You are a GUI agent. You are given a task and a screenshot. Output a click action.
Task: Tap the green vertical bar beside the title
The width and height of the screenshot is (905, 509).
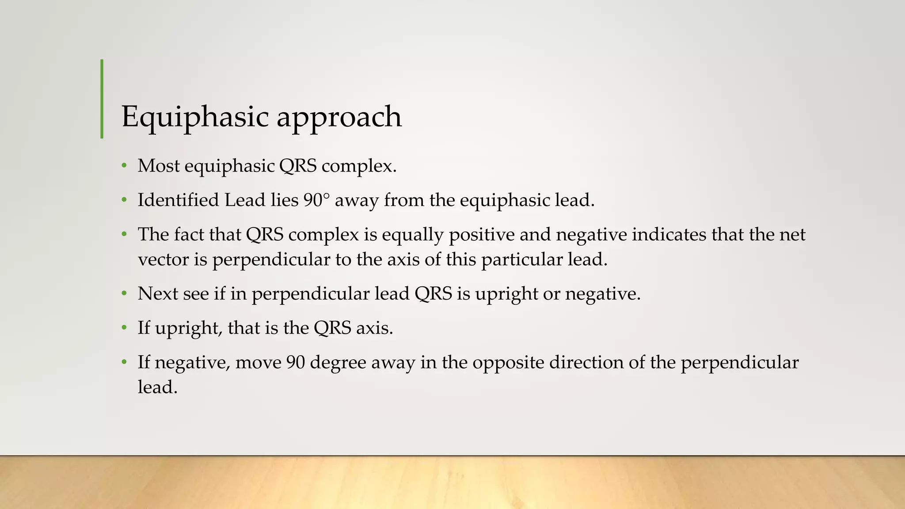102,99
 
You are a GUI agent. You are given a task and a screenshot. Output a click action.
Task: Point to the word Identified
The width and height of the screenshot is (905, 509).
178,200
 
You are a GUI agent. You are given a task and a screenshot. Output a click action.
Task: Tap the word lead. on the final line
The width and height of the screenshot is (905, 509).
157,387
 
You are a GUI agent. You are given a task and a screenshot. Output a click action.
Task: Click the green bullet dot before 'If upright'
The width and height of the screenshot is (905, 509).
125,328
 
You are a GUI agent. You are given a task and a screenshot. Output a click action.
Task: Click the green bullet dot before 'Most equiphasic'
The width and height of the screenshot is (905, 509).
125,167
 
